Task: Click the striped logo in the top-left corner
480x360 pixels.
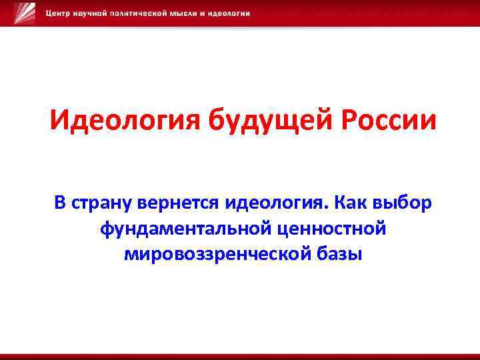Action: tap(25, 13)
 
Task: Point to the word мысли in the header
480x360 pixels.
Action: tap(194, 14)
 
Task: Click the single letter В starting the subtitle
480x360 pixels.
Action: tap(61, 202)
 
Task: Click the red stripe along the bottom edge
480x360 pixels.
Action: tap(240, 356)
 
